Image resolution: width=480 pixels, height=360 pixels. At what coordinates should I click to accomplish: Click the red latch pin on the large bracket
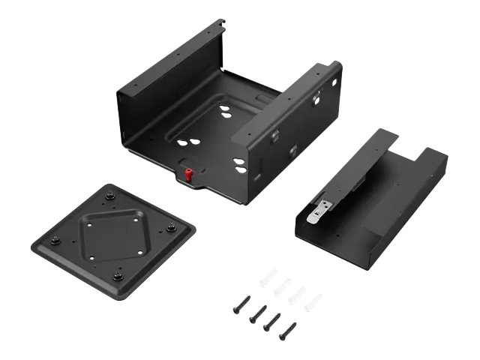click(x=189, y=175)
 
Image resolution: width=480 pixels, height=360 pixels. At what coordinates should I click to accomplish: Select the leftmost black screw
click(x=241, y=304)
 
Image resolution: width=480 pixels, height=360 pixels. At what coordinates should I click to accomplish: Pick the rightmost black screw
click(x=287, y=331)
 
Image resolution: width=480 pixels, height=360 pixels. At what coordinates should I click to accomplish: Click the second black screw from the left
click(x=257, y=313)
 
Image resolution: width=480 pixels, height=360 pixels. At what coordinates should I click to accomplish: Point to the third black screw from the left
click(x=272, y=322)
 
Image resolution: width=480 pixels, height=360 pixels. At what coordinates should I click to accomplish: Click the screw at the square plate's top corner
click(x=109, y=196)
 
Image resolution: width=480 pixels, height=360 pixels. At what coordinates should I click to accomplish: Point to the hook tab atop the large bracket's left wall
click(x=218, y=28)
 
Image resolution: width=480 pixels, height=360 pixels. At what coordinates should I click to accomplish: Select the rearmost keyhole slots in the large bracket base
click(x=225, y=113)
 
